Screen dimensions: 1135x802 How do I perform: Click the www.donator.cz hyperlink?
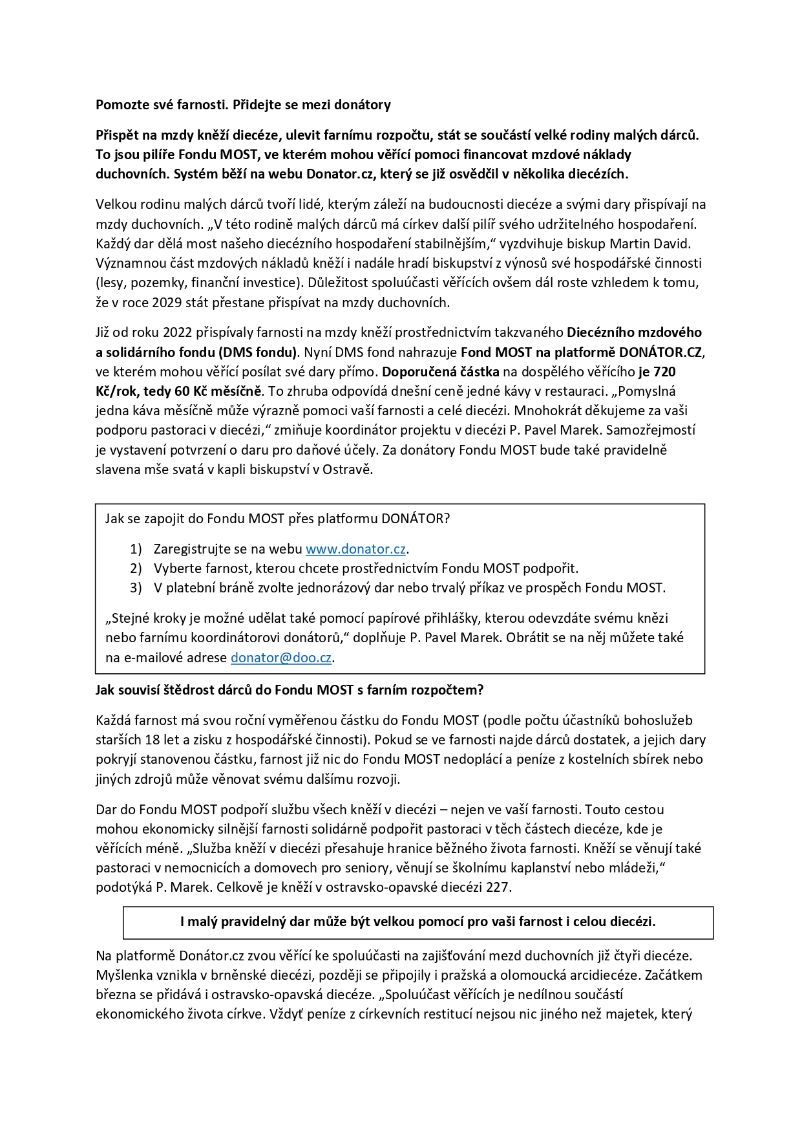[355, 549]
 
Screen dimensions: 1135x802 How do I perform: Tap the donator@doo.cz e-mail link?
[281, 658]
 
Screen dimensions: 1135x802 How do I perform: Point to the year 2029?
[167, 303]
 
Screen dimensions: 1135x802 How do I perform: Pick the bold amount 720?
[664, 372]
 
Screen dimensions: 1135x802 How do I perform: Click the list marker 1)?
[136, 549]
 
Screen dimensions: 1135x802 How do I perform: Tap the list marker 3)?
[136, 588]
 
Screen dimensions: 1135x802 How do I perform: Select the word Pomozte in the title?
[123, 105]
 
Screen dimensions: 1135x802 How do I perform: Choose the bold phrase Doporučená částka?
[441, 372]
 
